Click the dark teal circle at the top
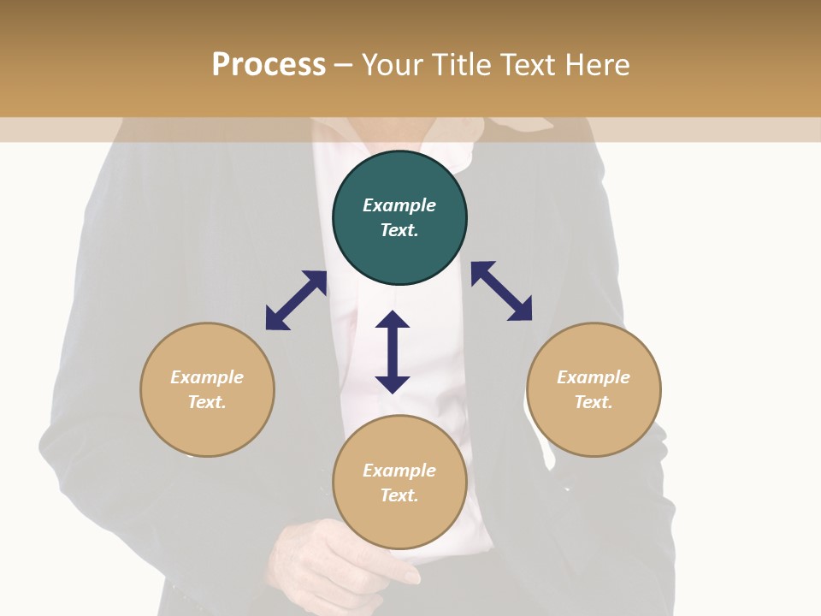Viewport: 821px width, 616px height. pos(399,218)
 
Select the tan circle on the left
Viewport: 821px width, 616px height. pos(207,389)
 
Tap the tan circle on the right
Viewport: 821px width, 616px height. pos(594,389)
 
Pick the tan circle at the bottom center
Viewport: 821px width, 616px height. pos(399,483)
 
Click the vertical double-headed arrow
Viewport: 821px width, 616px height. pos(393,352)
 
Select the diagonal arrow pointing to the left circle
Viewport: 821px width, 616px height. pos(296,300)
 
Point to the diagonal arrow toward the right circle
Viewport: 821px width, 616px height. pos(502,291)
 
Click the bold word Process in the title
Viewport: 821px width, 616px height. pos(269,64)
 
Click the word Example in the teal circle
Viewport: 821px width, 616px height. pos(399,205)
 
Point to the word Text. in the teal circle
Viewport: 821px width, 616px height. pos(399,230)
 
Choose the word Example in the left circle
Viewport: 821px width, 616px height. pos(207,377)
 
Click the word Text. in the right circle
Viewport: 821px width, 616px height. pos(594,402)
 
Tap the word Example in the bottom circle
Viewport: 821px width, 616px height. pos(399,471)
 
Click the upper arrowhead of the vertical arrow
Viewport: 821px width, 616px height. pos(393,320)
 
